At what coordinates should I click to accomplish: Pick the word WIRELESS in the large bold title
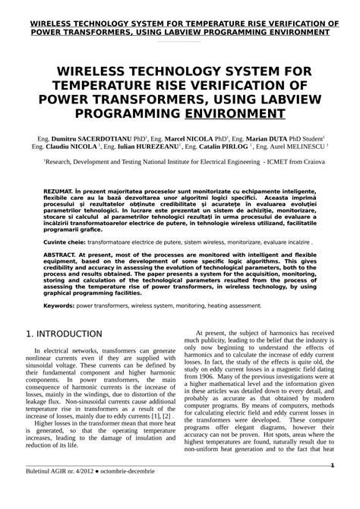(103, 71)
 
